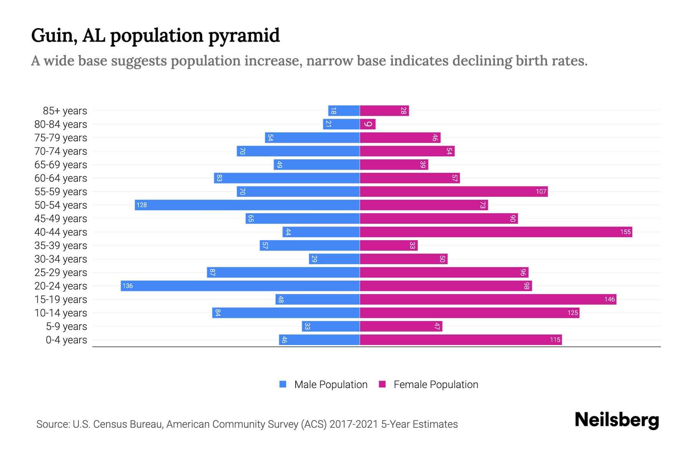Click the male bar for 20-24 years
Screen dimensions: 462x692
tap(240, 286)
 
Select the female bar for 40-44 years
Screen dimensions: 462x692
tap(496, 232)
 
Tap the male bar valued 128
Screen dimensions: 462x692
tap(247, 205)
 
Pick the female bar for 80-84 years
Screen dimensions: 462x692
tap(368, 124)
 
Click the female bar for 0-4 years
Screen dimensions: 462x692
tap(461, 340)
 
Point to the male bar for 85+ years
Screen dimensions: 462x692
tap(344, 110)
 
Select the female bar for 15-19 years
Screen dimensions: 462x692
tap(488, 299)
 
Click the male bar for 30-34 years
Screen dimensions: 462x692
tap(334, 259)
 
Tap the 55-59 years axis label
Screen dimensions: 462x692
tap(61, 192)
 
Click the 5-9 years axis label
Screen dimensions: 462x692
tap(67, 326)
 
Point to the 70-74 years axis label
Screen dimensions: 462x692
tap(61, 151)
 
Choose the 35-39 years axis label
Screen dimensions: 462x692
tap(61, 246)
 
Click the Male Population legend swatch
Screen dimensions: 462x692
tap(283, 384)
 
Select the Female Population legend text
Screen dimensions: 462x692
tap(436, 384)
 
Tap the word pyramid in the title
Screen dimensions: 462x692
tap(244, 35)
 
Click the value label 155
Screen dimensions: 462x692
tap(625, 232)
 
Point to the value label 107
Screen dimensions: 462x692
tap(541, 192)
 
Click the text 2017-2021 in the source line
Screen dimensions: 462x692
tap(354, 424)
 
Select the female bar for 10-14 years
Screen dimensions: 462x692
tap(469, 313)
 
